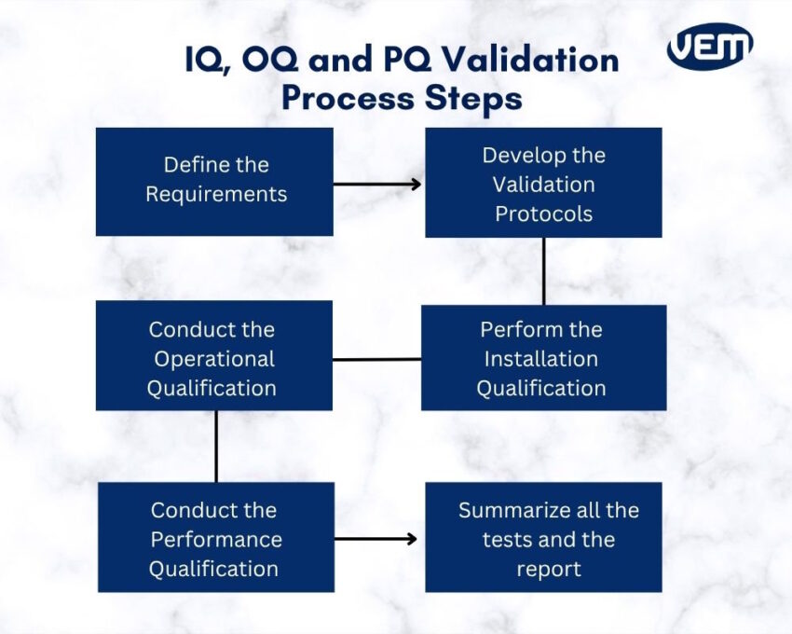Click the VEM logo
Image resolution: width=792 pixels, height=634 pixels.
click(x=710, y=47)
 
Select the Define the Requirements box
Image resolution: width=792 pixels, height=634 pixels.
click(x=214, y=181)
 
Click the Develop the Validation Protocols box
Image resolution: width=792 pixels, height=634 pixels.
click(x=543, y=183)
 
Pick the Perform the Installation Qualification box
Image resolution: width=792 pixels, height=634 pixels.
click(x=543, y=358)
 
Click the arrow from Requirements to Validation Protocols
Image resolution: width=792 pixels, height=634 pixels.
click(x=377, y=184)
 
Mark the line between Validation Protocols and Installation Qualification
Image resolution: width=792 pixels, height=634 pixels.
click(x=543, y=271)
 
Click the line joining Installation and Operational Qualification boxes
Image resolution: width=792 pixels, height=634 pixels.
click(x=376, y=359)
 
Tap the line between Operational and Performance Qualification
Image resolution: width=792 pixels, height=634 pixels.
click(x=216, y=446)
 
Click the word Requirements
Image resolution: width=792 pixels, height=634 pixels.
click(x=216, y=195)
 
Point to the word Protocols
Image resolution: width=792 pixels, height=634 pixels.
click(x=543, y=214)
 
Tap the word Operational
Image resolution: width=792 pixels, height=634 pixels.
click(x=214, y=359)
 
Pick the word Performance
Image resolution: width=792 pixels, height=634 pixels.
click(x=216, y=539)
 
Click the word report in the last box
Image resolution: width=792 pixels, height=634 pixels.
click(x=549, y=568)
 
